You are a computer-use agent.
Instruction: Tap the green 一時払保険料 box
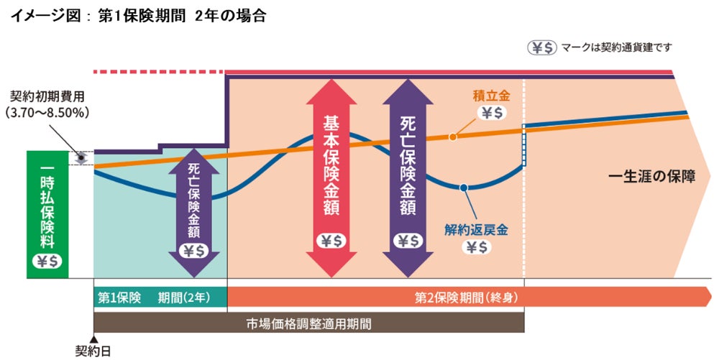pyautogui.click(x=48, y=213)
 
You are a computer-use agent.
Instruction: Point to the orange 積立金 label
pyautogui.click(x=490, y=95)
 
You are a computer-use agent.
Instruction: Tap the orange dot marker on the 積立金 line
pyautogui.click(x=452, y=137)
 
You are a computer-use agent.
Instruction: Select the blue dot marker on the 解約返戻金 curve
pyautogui.click(x=464, y=188)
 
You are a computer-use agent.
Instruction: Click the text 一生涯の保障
pyautogui.click(x=651, y=176)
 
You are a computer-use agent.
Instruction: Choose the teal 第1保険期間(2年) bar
pyautogui.click(x=160, y=296)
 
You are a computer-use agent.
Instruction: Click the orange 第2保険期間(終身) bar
pyautogui.click(x=467, y=296)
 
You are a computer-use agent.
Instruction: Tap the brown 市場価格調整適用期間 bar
pyautogui.click(x=308, y=323)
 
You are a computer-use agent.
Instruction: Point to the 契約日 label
pyautogui.click(x=93, y=351)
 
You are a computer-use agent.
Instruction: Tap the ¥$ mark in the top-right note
pyautogui.click(x=543, y=47)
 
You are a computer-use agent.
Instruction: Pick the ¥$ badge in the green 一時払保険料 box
pyautogui.click(x=48, y=262)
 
